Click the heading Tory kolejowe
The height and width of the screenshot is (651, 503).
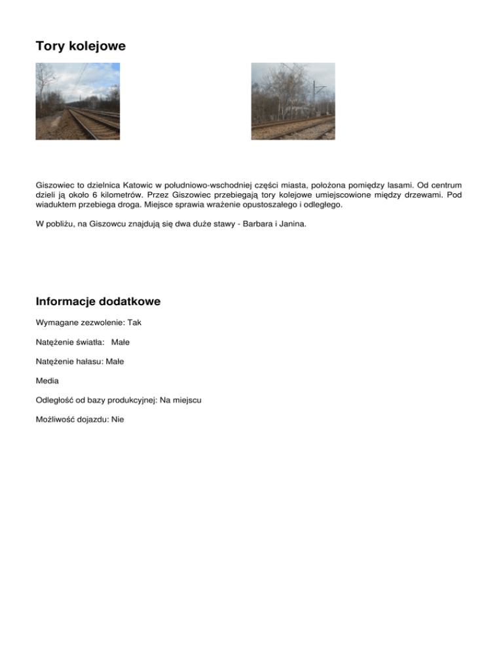(81, 47)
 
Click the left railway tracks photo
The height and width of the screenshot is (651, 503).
(77, 101)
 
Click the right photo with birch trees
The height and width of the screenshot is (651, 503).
(293, 101)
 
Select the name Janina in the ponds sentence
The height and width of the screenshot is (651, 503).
(290, 224)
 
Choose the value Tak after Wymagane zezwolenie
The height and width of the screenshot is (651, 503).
(134, 323)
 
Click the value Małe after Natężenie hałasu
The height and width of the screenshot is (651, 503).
(115, 361)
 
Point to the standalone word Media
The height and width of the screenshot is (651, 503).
(48, 380)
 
